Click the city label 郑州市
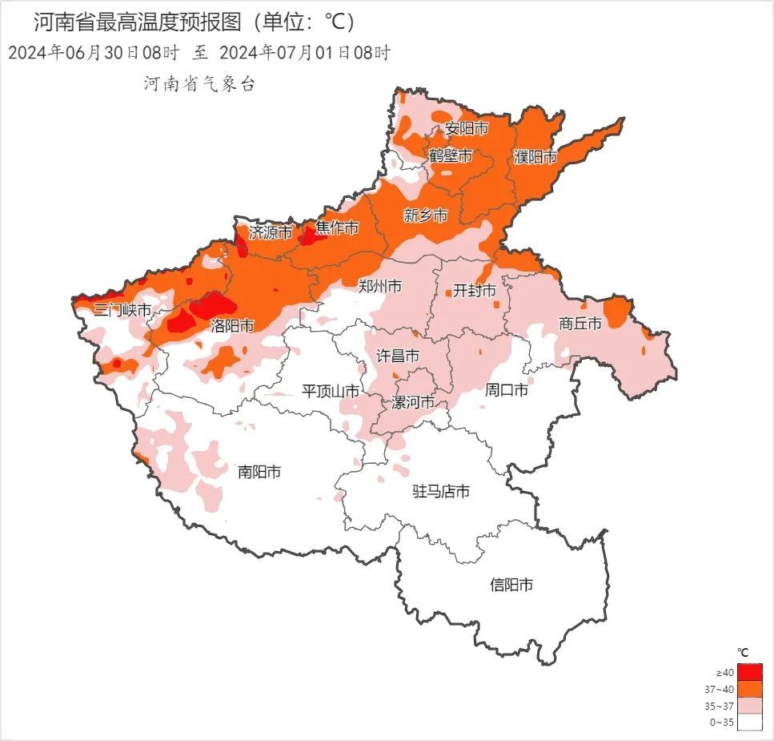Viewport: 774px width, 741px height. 379,286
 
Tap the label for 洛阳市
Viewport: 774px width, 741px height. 232,325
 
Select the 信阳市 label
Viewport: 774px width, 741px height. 511,585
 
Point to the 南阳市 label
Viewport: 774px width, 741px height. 259,472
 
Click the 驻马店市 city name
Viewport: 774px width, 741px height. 440,491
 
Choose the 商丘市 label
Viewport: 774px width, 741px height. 579,324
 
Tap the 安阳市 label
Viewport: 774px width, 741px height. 467,128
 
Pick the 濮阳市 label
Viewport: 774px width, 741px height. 535,157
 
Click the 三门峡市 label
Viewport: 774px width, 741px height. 122,310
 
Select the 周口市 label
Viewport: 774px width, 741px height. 507,390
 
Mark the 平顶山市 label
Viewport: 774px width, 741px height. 330,391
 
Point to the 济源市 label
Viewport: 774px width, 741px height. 271,232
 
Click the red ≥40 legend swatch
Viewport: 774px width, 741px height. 750,671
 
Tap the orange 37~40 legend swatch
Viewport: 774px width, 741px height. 750,689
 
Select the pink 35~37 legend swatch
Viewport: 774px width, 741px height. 750,706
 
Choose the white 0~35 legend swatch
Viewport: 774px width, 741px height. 750,723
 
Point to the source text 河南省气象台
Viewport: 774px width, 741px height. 199,83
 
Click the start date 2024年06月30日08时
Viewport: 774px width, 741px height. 93,53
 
